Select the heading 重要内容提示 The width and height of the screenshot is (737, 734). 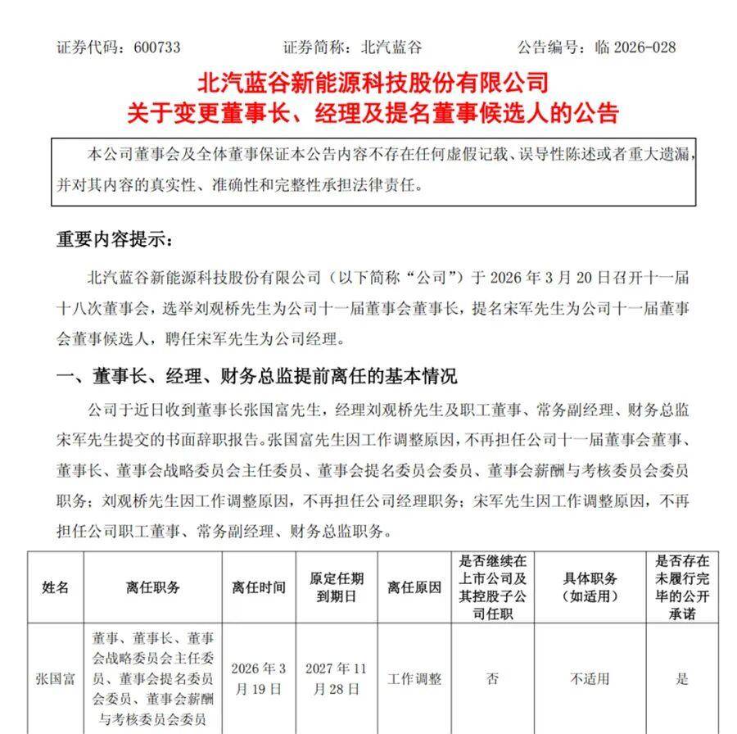click(115, 239)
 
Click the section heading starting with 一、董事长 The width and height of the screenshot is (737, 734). click(255, 376)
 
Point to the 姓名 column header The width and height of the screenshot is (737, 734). click(56, 587)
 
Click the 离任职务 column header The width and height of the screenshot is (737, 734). click(152, 587)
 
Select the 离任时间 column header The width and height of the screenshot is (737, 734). click(259, 587)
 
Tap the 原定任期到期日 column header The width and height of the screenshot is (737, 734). click(337, 587)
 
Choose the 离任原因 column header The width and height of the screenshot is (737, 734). click(414, 587)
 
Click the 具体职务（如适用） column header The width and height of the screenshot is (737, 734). click(590, 587)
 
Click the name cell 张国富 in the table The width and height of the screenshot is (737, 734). click(56, 679)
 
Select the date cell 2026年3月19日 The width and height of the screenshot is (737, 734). click(259, 679)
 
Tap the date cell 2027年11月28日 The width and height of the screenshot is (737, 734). click(337, 679)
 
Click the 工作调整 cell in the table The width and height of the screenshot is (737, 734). click(414, 679)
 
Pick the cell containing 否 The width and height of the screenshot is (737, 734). click(493, 679)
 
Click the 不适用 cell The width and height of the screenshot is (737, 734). click(590, 679)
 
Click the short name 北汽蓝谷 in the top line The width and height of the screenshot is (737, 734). click(393, 47)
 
